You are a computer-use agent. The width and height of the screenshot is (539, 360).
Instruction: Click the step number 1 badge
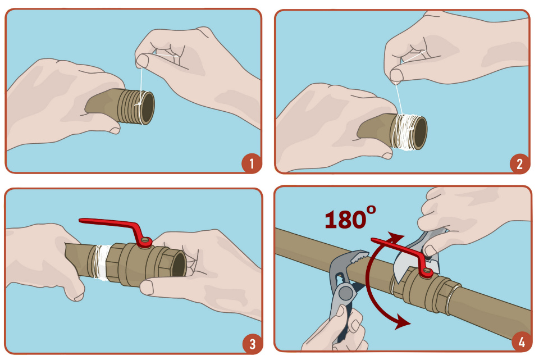(x=252, y=163)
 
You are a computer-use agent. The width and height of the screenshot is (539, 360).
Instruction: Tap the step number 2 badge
(x=519, y=163)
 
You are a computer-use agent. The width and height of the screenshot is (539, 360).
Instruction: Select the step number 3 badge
(x=252, y=344)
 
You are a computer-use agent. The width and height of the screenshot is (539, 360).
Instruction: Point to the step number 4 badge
(x=522, y=342)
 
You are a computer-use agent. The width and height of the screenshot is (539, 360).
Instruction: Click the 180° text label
(x=350, y=218)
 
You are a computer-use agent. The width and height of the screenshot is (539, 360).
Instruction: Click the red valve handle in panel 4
(x=402, y=254)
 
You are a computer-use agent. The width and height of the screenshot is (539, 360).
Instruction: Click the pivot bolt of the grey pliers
(x=345, y=294)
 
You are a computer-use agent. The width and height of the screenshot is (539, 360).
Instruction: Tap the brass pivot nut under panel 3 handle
(x=146, y=243)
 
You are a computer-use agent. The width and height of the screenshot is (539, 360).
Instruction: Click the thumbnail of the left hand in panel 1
(x=115, y=130)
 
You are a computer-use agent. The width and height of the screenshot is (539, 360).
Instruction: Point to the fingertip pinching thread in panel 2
(x=397, y=75)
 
